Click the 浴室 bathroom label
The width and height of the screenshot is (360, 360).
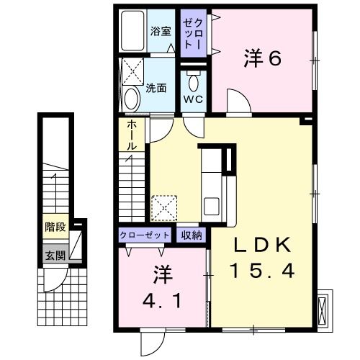(x=161, y=31)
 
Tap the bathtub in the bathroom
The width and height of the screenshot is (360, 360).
(x=132, y=30)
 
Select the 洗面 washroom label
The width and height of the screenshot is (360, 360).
(x=156, y=89)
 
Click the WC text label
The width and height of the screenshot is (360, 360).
(x=193, y=99)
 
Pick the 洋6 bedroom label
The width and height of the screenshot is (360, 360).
(x=262, y=58)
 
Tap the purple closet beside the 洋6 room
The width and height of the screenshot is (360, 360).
(x=194, y=33)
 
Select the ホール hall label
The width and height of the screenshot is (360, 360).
(x=132, y=135)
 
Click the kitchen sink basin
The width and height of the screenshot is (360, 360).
(x=211, y=206)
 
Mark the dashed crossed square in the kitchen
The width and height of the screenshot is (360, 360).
(x=164, y=208)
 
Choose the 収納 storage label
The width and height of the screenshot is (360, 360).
(x=192, y=235)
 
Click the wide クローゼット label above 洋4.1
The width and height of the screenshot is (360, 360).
(x=145, y=235)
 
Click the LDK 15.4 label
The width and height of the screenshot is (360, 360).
(x=262, y=258)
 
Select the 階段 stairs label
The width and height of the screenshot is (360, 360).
(x=55, y=227)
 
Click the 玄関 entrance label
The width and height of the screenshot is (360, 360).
(x=55, y=256)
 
